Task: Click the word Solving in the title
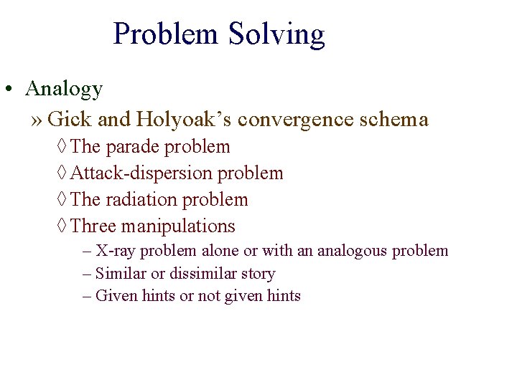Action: (276, 34)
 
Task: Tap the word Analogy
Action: (64, 89)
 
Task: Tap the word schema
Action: (398, 119)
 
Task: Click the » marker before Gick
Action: (37, 120)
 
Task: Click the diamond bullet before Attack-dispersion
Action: (63, 173)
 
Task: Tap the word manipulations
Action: (178, 226)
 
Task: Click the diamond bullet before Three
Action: (63, 226)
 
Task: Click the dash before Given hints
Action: (87, 295)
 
